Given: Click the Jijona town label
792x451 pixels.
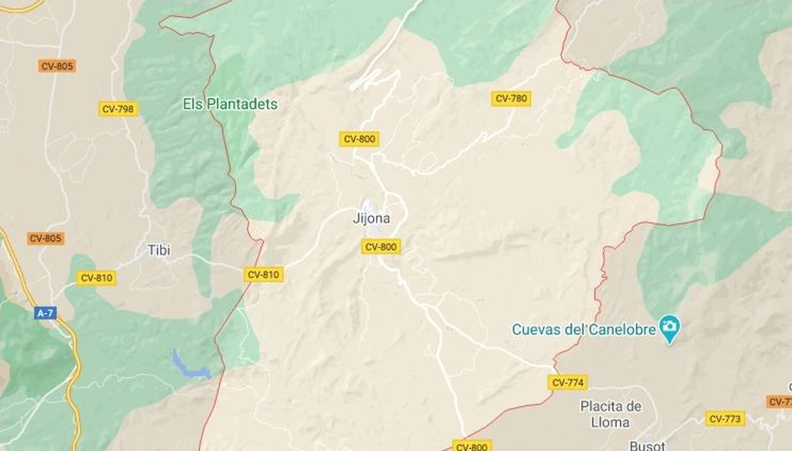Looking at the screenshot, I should click(371, 218).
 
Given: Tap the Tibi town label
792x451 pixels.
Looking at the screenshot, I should click(159, 250).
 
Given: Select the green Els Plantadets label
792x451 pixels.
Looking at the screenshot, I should click(230, 104).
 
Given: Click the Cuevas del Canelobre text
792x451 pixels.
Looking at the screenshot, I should click(584, 329).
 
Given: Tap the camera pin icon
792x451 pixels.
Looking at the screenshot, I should click(670, 327).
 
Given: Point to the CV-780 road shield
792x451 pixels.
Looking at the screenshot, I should click(511, 99).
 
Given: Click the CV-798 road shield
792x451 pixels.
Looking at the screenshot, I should click(118, 109).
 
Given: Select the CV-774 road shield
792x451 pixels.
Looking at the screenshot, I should click(568, 383).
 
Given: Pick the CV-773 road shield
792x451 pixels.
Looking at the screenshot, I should click(725, 419).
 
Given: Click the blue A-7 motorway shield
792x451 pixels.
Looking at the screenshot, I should click(45, 313).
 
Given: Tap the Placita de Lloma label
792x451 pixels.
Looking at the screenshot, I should click(611, 414).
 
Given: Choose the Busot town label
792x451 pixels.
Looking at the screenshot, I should click(647, 446).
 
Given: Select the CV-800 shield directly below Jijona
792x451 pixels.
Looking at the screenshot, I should click(381, 247).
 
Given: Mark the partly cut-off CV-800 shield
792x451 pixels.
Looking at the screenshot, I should click(471, 446).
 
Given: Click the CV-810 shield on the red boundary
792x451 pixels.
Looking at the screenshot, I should click(263, 274).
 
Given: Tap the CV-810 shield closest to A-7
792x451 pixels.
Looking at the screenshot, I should click(97, 278).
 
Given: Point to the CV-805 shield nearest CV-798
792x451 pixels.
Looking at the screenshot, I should click(57, 66).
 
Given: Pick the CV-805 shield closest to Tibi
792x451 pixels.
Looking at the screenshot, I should click(46, 238).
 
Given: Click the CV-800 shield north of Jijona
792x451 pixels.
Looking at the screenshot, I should click(359, 139).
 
